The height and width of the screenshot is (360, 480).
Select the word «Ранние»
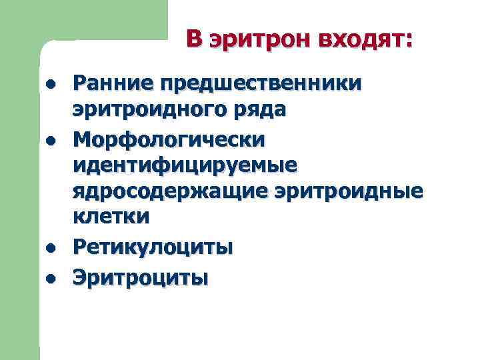pos(110,84)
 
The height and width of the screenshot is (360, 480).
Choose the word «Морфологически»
pos(169,139)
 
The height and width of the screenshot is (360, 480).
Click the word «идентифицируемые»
pos(186,165)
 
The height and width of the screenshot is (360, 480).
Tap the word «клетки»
pos(111,217)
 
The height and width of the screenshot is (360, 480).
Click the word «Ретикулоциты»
pos(153,247)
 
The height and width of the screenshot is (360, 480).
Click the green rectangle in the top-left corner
pos(83,19)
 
